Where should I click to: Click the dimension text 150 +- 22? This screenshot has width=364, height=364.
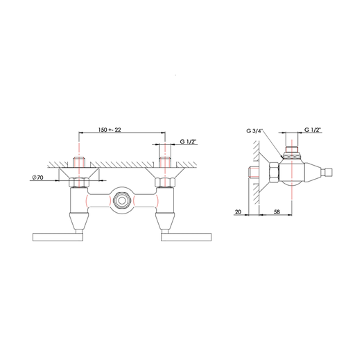click(110, 130)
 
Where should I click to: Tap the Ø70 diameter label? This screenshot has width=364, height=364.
click(37, 177)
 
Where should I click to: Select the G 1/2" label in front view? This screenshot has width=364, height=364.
click(189, 141)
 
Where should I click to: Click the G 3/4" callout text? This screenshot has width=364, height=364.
click(254, 131)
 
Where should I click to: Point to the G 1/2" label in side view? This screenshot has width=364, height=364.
click(313, 130)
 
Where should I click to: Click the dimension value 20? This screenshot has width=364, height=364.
click(239, 211)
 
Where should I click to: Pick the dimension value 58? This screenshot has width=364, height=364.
click(277, 211)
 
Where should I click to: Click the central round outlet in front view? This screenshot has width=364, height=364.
click(121, 200)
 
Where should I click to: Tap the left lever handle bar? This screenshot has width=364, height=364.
click(58, 237)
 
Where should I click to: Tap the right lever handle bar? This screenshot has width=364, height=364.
click(187, 237)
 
